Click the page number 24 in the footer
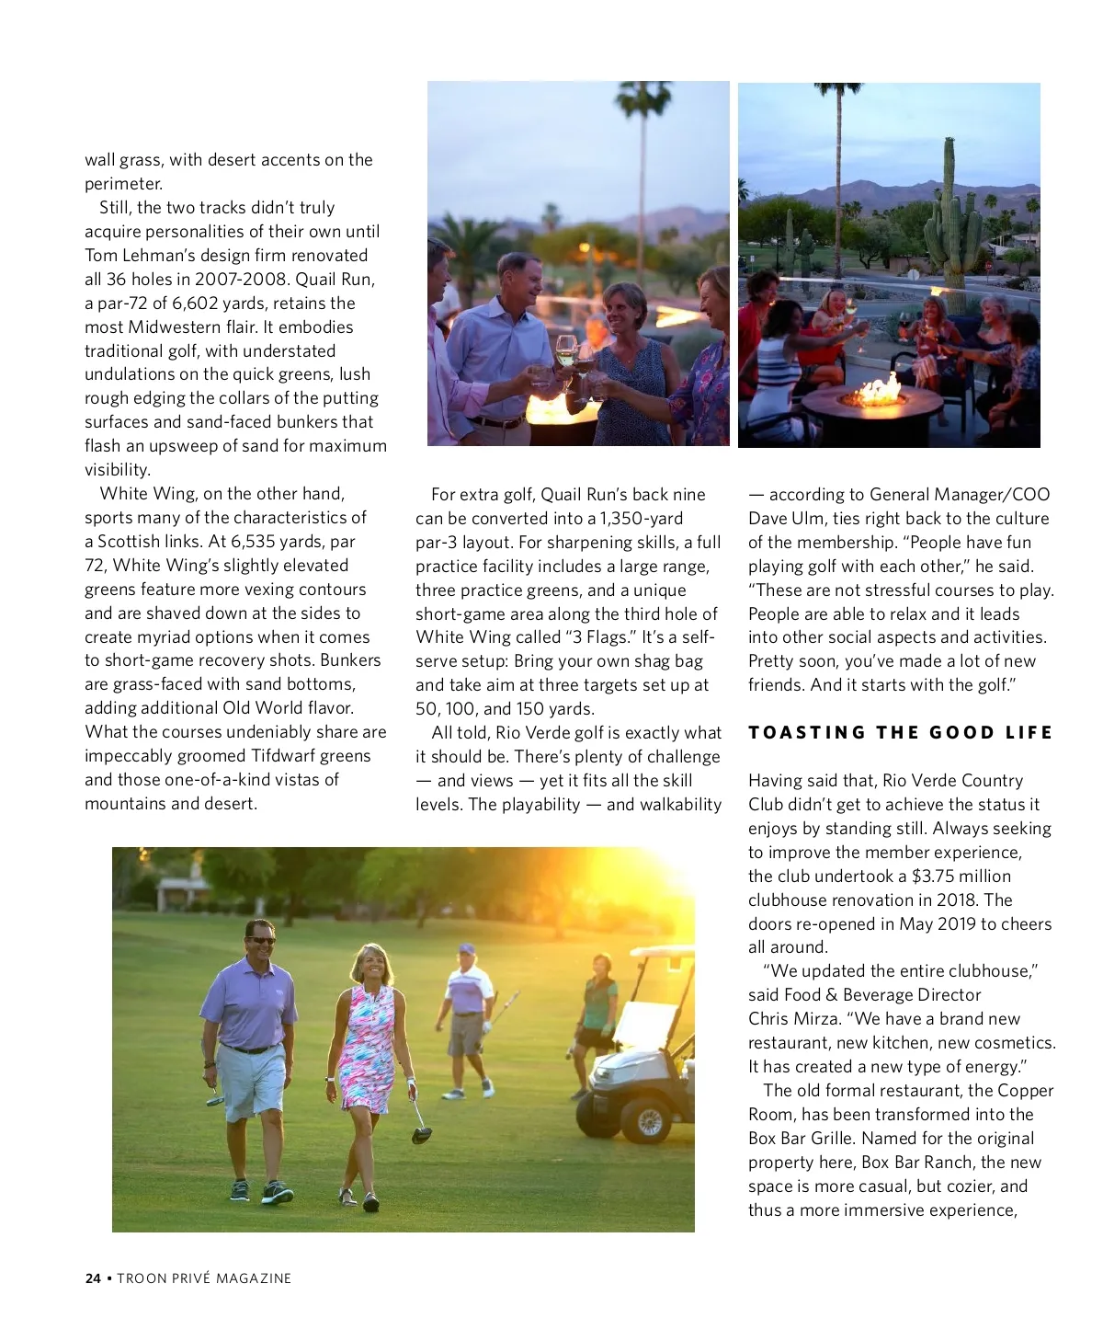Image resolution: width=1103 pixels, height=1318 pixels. click(x=92, y=1278)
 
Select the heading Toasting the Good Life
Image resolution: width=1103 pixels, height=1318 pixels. click(x=900, y=733)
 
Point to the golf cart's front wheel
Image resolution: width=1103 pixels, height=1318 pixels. click(x=644, y=1121)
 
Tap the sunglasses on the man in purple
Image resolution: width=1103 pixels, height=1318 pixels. click(x=261, y=941)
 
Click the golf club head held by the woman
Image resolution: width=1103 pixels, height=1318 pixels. click(x=421, y=1133)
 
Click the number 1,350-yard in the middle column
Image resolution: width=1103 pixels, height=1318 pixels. click(x=641, y=519)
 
